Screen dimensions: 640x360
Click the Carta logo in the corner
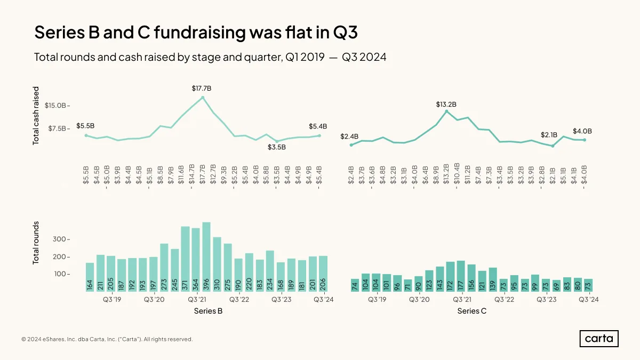pos(599,339)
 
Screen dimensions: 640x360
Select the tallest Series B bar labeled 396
pos(206,257)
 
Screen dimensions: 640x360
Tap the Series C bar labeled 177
pos(461,276)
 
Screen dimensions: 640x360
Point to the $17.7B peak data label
pos(202,89)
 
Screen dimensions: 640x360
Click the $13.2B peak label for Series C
pos(446,105)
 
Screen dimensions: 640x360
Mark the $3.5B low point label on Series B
pos(277,147)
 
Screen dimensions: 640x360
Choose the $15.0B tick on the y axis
pos(55,106)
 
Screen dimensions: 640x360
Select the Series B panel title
pos(208,311)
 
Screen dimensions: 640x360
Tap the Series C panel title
pos(471,311)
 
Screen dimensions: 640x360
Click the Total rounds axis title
pos(36,243)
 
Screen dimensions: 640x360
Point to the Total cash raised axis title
pos(36,116)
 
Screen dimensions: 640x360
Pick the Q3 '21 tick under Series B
pos(197,299)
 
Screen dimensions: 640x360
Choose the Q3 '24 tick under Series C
pos(589,299)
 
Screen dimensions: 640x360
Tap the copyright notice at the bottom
pos(107,339)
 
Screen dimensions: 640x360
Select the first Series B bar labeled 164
pos(90,277)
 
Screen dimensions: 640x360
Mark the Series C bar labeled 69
pos(556,286)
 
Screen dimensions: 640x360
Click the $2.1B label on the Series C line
pos(549,135)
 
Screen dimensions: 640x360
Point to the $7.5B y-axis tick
pos(57,129)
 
